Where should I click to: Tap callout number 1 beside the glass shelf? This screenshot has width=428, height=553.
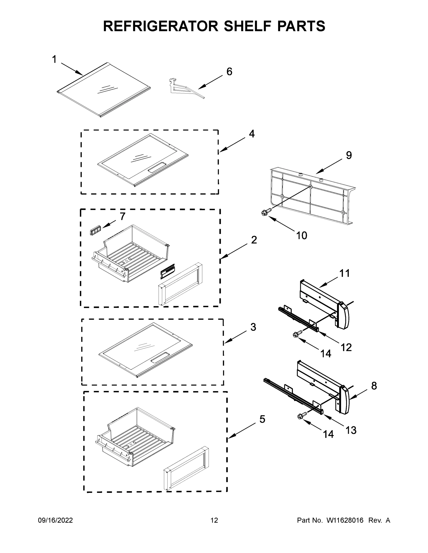coord(54,59)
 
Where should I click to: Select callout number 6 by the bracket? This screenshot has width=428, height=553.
coord(229,72)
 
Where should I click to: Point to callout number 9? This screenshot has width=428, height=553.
coord(349,155)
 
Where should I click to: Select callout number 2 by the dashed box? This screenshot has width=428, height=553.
coord(254,240)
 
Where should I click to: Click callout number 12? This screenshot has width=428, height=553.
coord(346,347)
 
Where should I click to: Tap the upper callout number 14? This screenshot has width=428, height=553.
coord(326,353)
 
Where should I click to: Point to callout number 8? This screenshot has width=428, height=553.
coord(374,386)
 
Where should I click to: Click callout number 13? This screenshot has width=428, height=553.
coord(351,430)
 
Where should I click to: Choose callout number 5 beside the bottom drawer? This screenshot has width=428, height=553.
coord(262,419)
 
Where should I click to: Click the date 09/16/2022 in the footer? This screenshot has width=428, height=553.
coord(55,520)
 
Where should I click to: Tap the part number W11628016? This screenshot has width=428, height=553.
coord(345,520)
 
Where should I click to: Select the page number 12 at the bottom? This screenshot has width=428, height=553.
coord(214,520)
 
